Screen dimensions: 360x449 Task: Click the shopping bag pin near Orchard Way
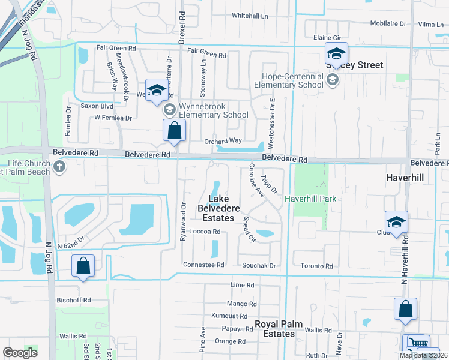174,130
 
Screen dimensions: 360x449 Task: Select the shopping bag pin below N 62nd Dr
83,266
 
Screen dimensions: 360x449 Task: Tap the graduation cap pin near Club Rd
396,222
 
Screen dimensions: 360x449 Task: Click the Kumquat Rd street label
229,316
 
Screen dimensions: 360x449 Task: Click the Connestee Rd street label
203,265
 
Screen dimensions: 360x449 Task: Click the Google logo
20,353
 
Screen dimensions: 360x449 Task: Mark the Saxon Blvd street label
97,106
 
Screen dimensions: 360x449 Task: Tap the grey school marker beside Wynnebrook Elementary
169,109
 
